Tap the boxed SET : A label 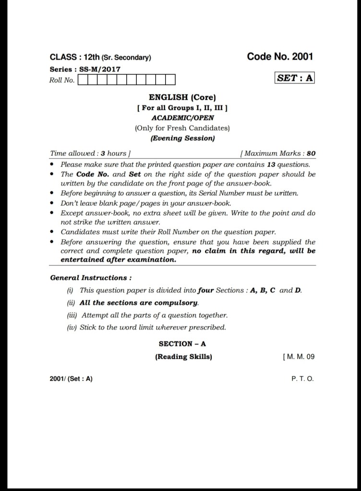pos(295,78)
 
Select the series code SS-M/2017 pos(100,69)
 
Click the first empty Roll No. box pos(82,80)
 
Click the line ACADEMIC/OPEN pos(182,117)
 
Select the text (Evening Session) pos(182,138)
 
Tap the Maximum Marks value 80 pos(311,154)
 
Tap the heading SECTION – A pos(182,344)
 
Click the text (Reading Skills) pos(183,357)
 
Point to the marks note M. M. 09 pos(300,357)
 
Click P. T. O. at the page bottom pos(302,379)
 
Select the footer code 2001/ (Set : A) pos(71,379)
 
